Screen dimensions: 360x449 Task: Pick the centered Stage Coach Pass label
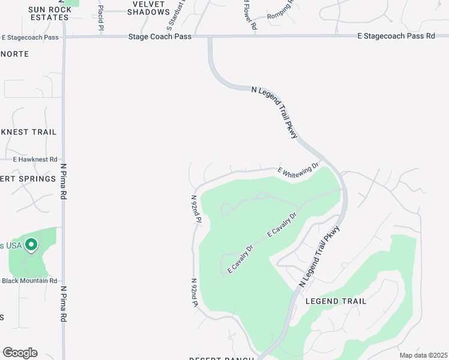pyautogui.click(x=160, y=37)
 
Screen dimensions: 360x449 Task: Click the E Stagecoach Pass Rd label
pyautogui.click(x=396, y=37)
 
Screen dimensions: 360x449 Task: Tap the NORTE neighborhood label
pyautogui.click(x=14, y=54)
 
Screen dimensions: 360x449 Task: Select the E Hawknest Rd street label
pyautogui.click(x=35, y=160)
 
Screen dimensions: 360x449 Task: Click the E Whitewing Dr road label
pyautogui.click(x=300, y=167)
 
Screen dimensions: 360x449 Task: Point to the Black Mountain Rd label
pyautogui.click(x=29, y=280)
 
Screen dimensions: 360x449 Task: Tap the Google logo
pyautogui.click(x=20, y=352)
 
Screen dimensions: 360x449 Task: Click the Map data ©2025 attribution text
pyautogui.click(x=423, y=355)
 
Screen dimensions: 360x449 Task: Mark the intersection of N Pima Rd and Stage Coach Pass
pyautogui.click(x=64, y=37)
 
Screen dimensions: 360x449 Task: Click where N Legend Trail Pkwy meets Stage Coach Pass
pyautogui.click(x=210, y=37)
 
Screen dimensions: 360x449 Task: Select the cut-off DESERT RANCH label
pyautogui.click(x=222, y=358)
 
